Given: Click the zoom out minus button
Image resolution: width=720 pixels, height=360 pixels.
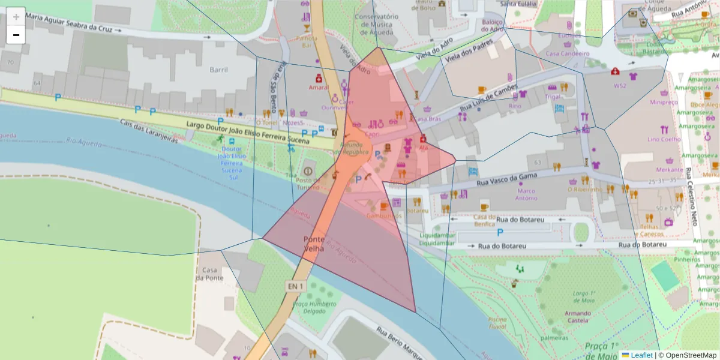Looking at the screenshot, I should tap(16, 35).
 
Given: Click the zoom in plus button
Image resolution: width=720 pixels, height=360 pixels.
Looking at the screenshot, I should tap(16, 17).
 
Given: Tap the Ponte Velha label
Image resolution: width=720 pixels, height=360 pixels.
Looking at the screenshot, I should tap(314, 243).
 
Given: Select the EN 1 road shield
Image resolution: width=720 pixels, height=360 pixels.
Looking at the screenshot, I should tap(296, 286).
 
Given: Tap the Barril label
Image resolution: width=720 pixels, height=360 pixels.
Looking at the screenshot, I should tap(218, 70).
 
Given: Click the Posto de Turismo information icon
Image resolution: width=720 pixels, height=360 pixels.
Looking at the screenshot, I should tap(308, 172).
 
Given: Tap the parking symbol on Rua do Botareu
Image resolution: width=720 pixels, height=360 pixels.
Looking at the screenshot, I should tap(500, 232).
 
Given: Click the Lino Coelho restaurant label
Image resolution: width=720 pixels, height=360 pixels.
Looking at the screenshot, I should tap(664, 139).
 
